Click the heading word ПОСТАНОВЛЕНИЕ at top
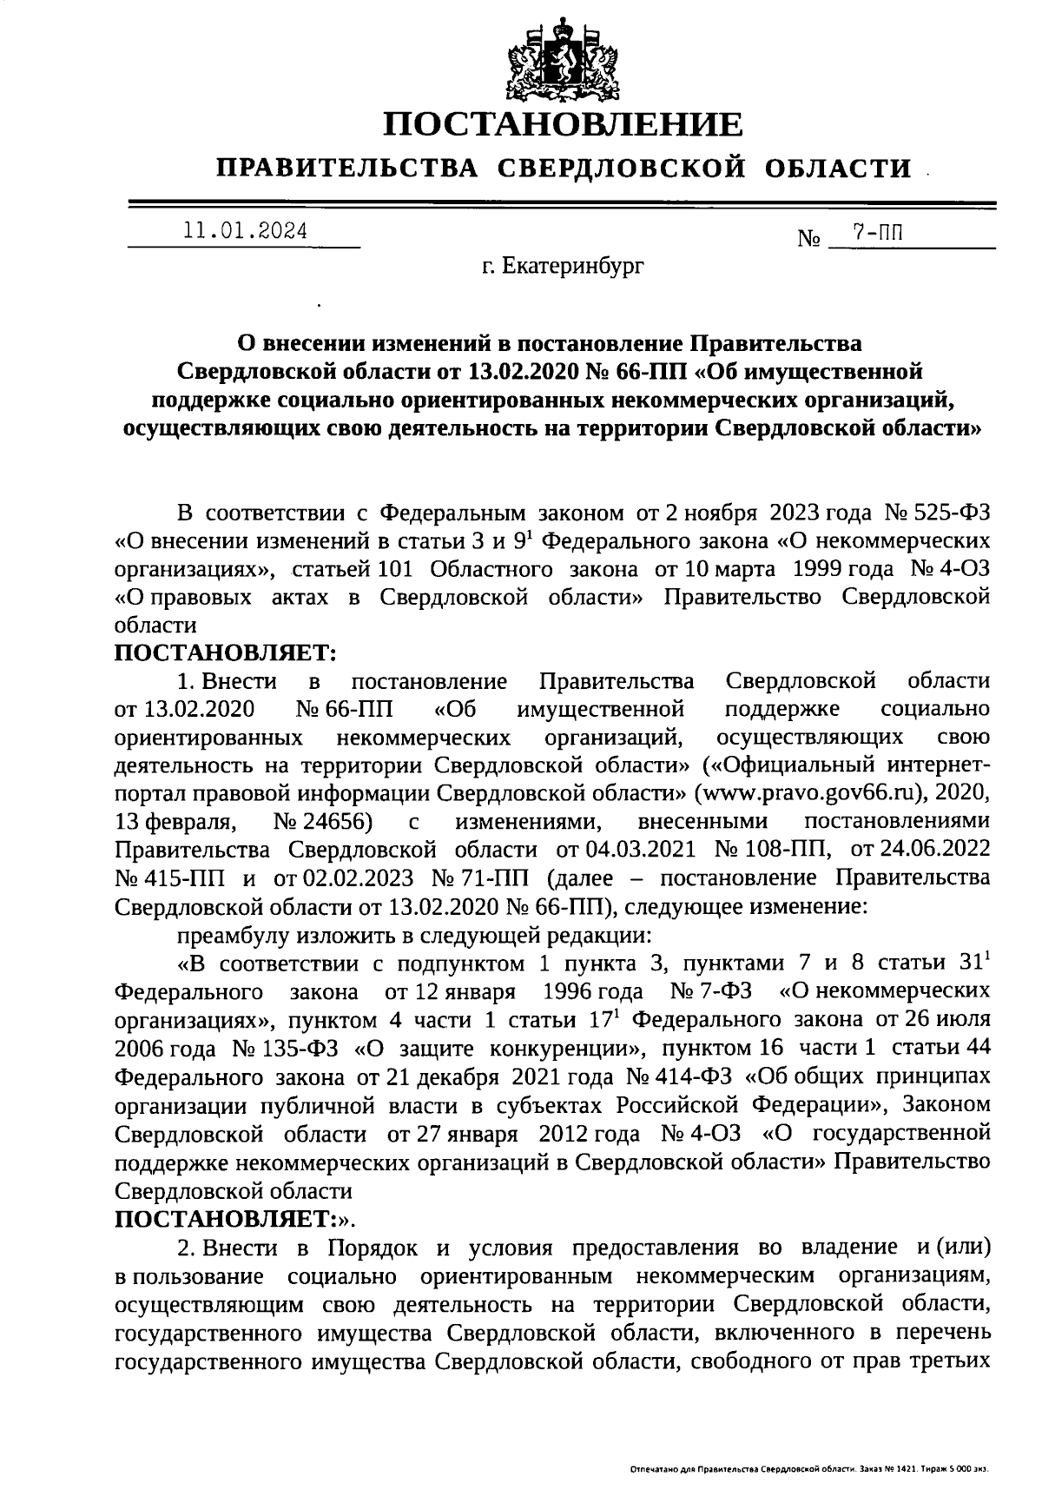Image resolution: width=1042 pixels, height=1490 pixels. coord(564,124)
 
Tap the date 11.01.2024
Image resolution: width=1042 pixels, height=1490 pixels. coord(245,232)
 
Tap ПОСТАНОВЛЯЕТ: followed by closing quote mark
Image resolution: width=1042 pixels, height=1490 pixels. coord(234,1219)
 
